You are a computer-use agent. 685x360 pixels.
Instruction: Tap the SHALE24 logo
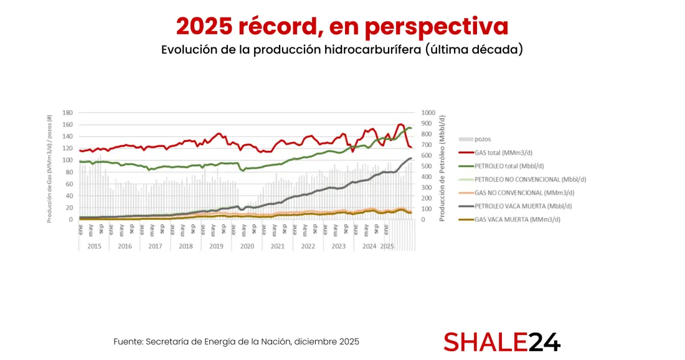502,341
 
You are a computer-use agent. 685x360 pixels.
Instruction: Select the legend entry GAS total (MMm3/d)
503,153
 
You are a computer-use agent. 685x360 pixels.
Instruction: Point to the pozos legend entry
483,139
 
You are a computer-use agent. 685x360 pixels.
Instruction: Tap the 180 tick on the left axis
67,113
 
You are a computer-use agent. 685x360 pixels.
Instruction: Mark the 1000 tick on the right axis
430,113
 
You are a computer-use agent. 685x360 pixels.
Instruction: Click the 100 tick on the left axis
67,160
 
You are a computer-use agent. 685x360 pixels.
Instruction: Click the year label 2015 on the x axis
94,246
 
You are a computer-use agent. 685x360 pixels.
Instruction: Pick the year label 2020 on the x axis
247,246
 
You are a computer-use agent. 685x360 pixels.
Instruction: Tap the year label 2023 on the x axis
338,246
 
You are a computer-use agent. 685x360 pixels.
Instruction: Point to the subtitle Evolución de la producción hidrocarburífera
342,50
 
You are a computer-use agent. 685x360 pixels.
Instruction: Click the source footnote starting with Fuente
236,342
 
